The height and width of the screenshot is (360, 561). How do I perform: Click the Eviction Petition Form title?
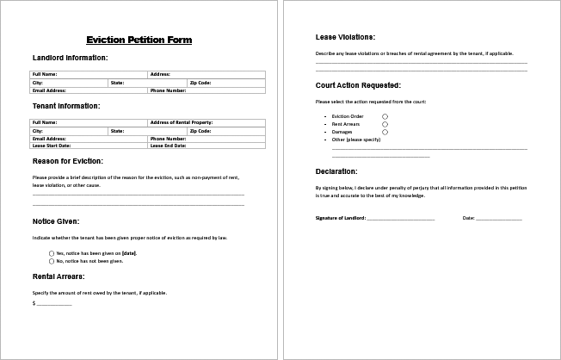[x=139, y=40]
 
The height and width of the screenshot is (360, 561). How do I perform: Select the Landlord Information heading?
[x=70, y=58]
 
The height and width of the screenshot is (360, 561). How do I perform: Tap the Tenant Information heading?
[x=66, y=106]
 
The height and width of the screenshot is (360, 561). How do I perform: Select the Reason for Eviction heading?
[x=68, y=161]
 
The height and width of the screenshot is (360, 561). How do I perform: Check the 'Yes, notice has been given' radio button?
[x=52, y=253]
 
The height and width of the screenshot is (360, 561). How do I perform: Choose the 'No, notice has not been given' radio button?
[x=52, y=260]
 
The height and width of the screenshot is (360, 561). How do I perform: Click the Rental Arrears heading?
[x=59, y=276]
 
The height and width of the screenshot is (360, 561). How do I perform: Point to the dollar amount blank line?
[x=54, y=305]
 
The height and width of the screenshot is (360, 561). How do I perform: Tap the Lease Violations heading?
[x=345, y=38]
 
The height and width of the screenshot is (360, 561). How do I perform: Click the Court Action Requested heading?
[x=358, y=85]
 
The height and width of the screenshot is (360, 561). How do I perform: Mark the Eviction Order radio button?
[x=385, y=116]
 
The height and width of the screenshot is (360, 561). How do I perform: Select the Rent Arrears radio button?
[x=385, y=124]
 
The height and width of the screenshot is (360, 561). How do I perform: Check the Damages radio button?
[x=385, y=132]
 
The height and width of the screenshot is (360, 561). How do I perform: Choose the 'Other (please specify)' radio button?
[x=385, y=139]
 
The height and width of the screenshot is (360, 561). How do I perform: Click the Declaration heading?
[x=336, y=171]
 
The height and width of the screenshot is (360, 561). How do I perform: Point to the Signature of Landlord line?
[x=401, y=220]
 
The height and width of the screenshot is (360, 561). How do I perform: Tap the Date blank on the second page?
[x=499, y=220]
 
